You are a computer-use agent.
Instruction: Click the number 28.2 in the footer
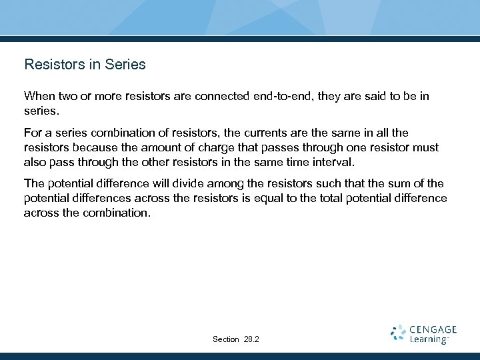tap(252, 339)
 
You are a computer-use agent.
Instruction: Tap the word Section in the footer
tap(226, 339)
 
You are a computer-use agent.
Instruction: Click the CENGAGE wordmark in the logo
tap(433, 329)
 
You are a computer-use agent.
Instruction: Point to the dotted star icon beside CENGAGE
tap(398, 333)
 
